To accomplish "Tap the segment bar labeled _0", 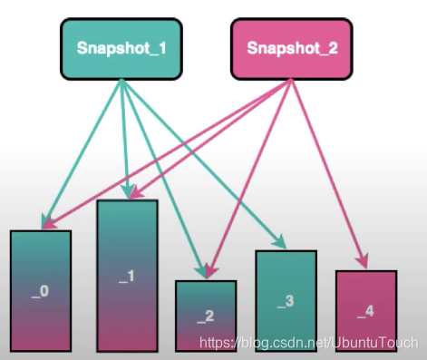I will (x=40, y=290).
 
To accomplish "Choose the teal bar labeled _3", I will (x=286, y=299).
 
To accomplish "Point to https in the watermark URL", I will (x=215, y=344).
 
